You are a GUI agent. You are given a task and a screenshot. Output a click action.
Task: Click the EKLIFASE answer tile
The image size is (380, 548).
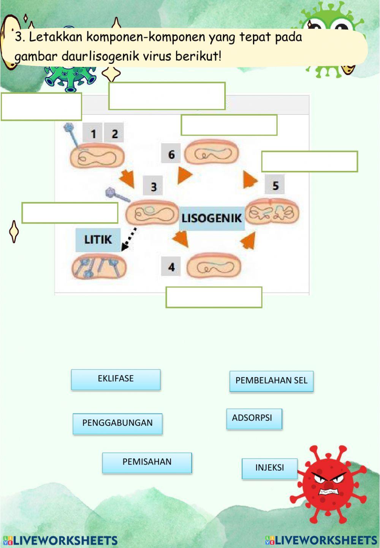[116, 379]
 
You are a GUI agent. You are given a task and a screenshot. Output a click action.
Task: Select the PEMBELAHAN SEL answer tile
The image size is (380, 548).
[271, 381]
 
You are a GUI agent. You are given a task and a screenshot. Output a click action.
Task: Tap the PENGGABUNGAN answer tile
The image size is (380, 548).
[117, 423]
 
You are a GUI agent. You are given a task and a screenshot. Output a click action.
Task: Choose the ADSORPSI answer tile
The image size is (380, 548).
[254, 419]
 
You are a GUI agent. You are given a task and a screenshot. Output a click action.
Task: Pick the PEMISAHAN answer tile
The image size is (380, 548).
[147, 463]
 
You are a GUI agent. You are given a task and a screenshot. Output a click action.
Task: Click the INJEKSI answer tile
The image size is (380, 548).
[269, 468]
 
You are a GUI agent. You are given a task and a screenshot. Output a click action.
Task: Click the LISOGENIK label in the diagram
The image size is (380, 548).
[212, 218]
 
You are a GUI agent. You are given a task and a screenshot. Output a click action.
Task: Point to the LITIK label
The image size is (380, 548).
[98, 240]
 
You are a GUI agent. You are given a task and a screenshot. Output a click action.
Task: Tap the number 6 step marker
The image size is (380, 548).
[171, 154]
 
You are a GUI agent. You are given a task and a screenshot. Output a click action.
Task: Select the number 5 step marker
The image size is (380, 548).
[275, 185]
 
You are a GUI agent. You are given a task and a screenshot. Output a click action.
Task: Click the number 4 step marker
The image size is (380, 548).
[171, 267]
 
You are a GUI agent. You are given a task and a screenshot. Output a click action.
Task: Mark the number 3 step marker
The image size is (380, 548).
[153, 186]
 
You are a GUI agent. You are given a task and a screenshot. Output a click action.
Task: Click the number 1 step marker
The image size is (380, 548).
[93, 133]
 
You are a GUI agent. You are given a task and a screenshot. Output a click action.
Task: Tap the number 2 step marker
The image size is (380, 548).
[114, 133]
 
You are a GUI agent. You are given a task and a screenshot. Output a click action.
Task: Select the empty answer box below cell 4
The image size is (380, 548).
[214, 297]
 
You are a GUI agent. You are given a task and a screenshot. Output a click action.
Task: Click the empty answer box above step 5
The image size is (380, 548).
[309, 161]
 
